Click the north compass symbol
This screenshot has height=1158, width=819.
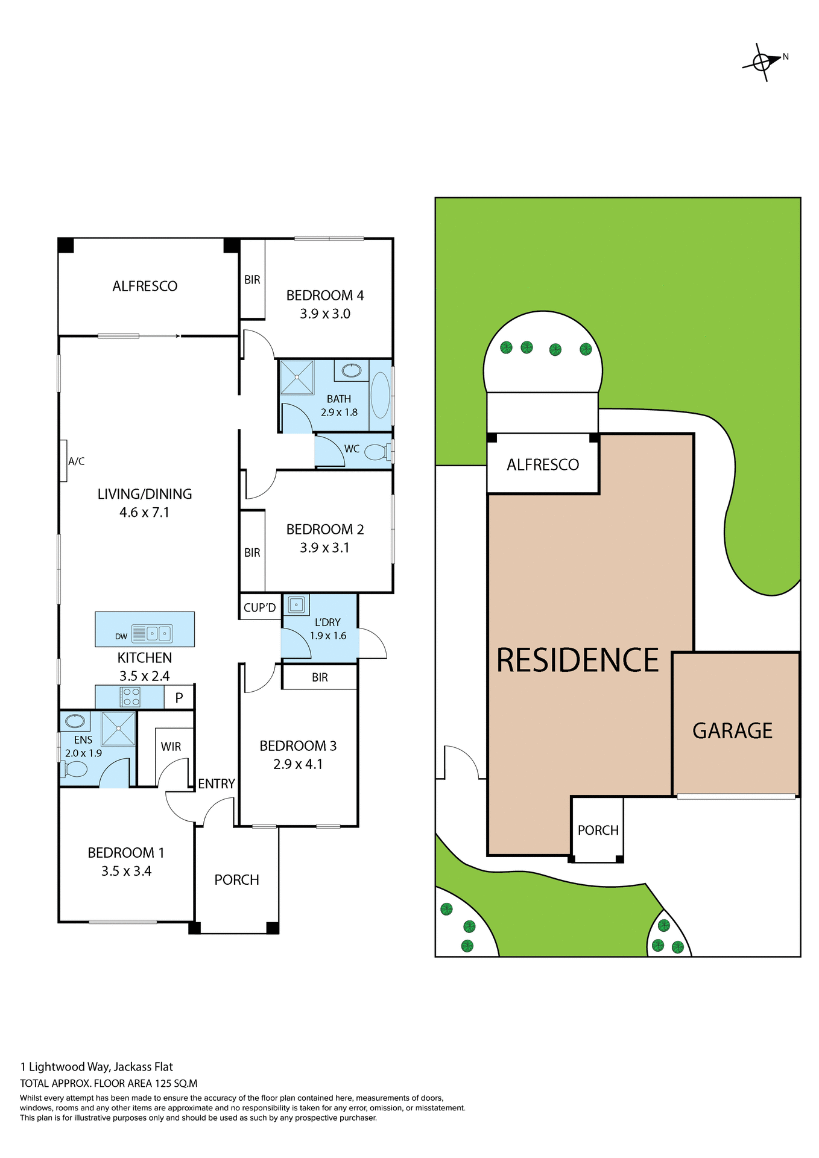(762, 62)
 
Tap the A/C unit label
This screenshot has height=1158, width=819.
(76, 461)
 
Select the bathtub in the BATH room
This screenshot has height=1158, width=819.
(380, 395)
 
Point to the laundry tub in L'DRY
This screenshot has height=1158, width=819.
(296, 604)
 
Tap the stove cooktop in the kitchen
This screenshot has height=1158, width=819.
(131, 697)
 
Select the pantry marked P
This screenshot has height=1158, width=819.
(179, 698)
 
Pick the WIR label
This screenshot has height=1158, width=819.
(171, 747)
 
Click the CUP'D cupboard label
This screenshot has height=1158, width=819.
(260, 607)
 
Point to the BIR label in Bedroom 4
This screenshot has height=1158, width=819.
(252, 280)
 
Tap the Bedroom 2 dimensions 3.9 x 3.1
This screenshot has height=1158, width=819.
(324, 548)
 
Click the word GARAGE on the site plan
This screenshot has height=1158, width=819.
(732, 731)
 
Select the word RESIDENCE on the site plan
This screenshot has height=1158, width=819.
(577, 660)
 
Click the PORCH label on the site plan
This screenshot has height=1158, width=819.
(598, 831)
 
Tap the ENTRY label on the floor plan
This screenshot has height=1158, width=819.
(216, 783)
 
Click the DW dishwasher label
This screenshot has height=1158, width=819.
(121, 636)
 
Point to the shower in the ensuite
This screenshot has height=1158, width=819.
(118, 729)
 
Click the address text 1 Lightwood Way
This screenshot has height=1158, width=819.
(96, 1067)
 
